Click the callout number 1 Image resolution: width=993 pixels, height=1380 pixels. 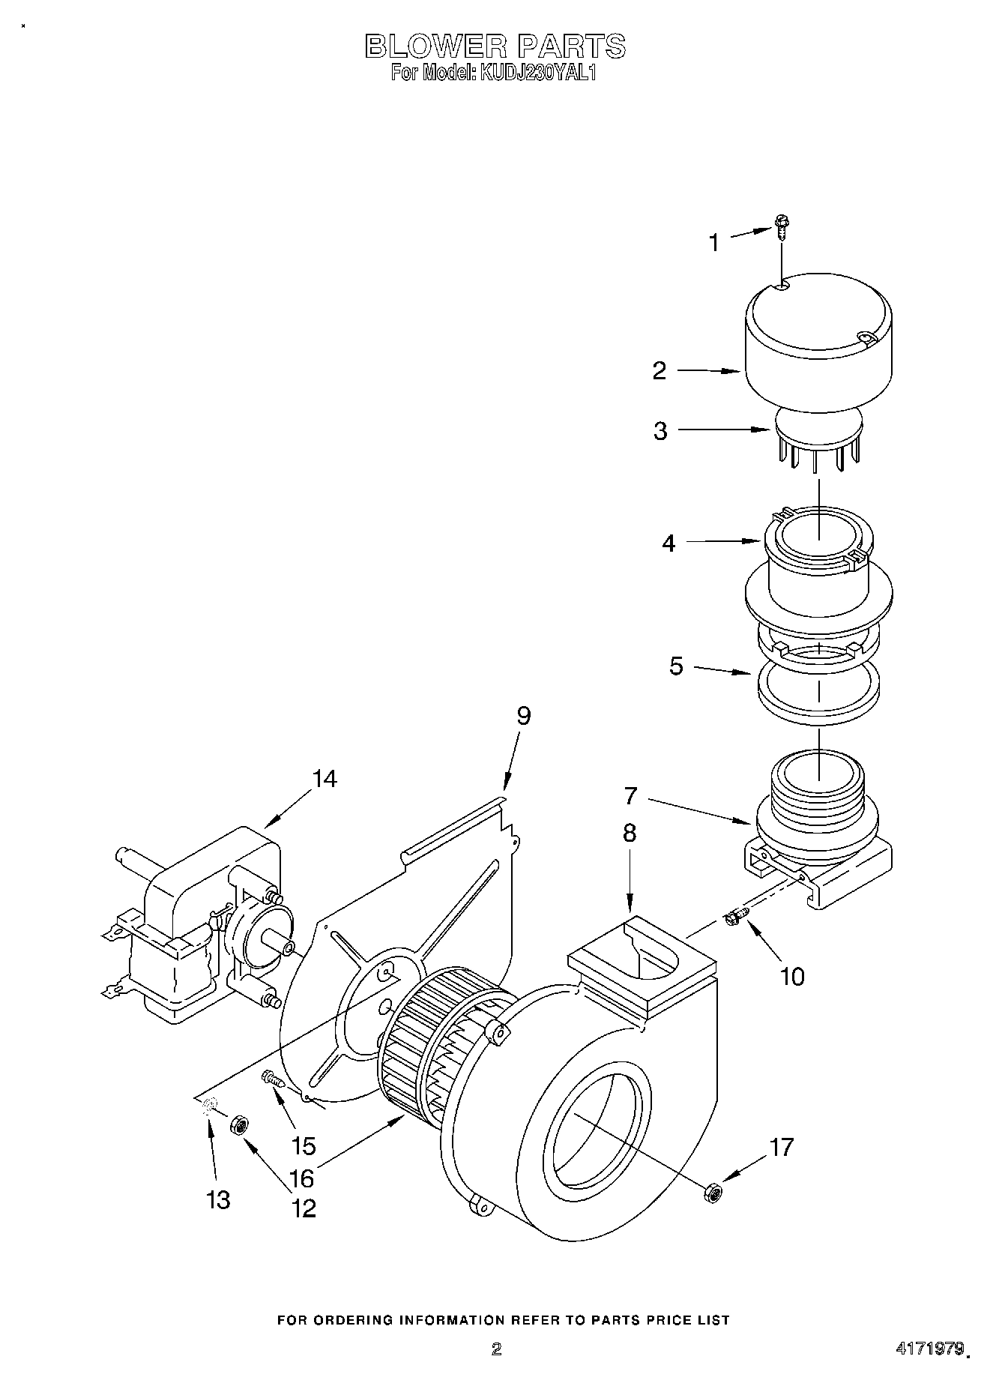click(713, 242)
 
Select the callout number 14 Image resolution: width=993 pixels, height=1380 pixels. click(325, 779)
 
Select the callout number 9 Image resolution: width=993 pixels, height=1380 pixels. click(523, 716)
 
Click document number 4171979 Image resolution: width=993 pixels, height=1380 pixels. click(929, 1349)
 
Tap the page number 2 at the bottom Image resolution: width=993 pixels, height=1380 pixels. click(495, 1350)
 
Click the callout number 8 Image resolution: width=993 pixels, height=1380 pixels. click(630, 833)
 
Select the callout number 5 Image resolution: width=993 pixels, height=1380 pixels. click(676, 666)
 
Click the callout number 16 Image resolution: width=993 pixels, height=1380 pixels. click(301, 1178)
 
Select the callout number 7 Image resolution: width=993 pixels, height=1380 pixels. click(630, 795)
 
